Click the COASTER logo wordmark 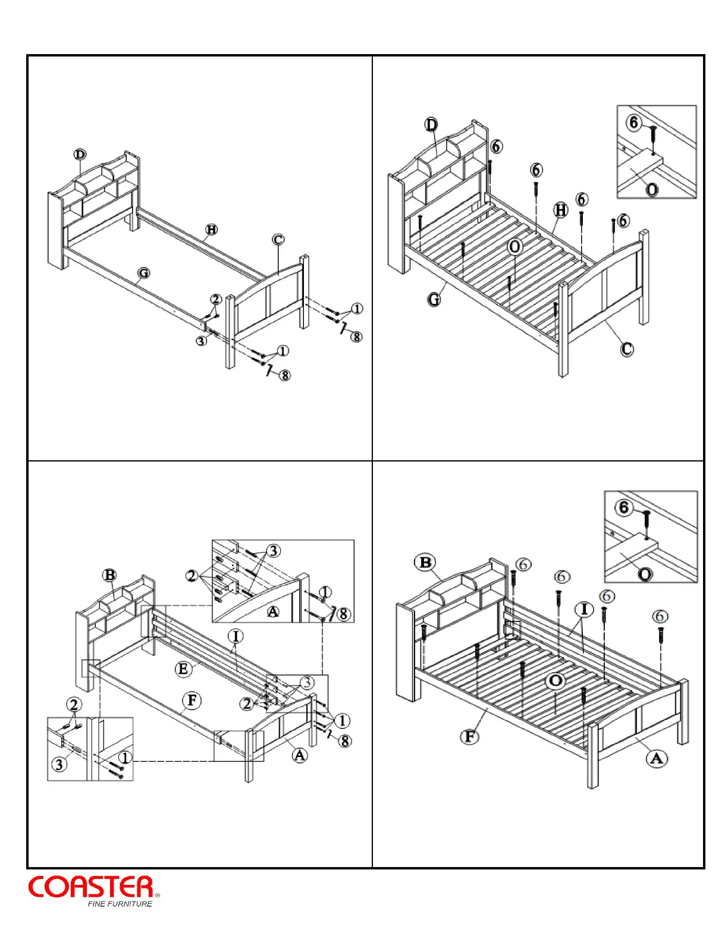[x=91, y=887]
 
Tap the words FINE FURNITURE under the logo [x=120, y=904]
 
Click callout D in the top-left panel [x=80, y=155]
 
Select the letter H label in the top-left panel [x=211, y=230]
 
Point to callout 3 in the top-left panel [x=202, y=341]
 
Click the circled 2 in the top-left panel [x=216, y=299]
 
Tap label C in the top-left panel [x=278, y=240]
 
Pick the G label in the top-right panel [x=434, y=299]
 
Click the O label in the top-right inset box [x=652, y=190]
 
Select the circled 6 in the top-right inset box [x=633, y=123]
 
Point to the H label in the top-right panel [x=561, y=209]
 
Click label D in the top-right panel [x=431, y=125]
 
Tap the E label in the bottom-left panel [x=183, y=669]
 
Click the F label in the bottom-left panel [x=192, y=701]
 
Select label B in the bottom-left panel [x=109, y=575]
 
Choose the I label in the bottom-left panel [x=236, y=636]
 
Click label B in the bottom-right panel [x=425, y=563]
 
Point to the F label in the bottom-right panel [x=470, y=737]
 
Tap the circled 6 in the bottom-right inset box [x=623, y=507]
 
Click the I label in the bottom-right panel [x=584, y=610]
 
